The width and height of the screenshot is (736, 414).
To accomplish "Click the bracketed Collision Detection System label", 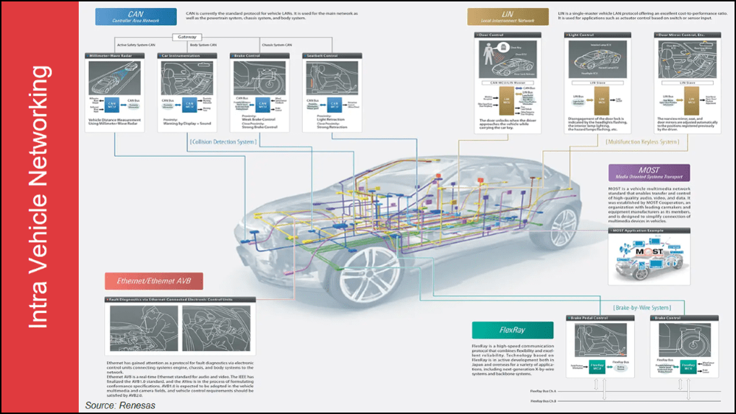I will [x=222, y=142].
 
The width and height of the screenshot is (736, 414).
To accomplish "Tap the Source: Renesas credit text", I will [x=119, y=405].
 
